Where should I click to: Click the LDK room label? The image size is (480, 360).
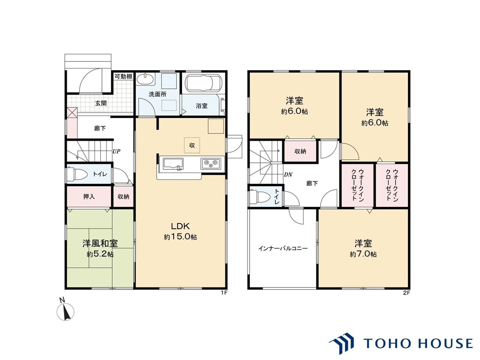point(180,226)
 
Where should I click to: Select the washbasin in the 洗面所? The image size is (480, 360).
point(145,79)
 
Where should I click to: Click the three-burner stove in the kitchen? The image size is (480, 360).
point(211,163)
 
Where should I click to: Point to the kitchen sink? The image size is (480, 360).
point(173,164)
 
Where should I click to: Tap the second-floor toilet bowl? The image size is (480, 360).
point(259,196)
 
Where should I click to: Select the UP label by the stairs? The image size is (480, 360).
point(116,151)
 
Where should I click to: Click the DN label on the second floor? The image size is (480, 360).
point(288,175)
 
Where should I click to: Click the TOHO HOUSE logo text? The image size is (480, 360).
point(418,343)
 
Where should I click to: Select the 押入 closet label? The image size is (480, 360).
point(89,196)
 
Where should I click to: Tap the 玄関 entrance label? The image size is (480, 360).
point(101,103)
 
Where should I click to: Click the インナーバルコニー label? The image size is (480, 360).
point(283,248)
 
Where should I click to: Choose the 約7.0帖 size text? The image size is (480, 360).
point(363,254)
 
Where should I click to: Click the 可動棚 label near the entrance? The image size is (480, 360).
point(123,76)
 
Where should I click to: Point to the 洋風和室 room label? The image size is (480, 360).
point(100,243)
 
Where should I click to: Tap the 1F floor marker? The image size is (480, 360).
point(224,293)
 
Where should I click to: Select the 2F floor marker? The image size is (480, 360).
point(406,293)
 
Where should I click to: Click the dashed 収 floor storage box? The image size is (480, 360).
point(192,145)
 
